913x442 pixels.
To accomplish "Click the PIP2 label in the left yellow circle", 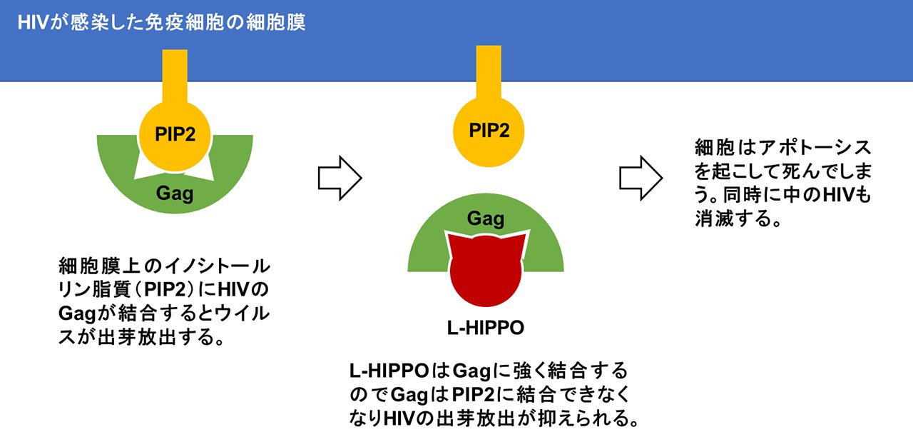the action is [175, 134].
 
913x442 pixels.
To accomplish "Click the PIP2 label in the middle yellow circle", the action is [489, 131].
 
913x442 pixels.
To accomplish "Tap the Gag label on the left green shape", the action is [175, 193].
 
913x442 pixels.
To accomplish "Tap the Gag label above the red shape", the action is [486, 219].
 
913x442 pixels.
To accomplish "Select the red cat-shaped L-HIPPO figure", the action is [486, 270].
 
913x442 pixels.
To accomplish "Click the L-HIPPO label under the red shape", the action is [486, 328].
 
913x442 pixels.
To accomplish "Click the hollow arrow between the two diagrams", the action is [340, 178].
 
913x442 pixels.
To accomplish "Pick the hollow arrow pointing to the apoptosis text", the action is [641, 178].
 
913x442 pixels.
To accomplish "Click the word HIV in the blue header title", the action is [34, 22].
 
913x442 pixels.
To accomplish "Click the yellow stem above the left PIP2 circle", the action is [175, 76].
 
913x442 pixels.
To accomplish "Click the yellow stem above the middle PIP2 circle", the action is [489, 73].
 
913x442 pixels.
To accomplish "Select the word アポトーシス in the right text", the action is [815, 147].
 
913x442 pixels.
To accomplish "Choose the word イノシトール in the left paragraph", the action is [217, 266].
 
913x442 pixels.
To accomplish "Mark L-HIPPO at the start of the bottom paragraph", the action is [389, 371].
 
